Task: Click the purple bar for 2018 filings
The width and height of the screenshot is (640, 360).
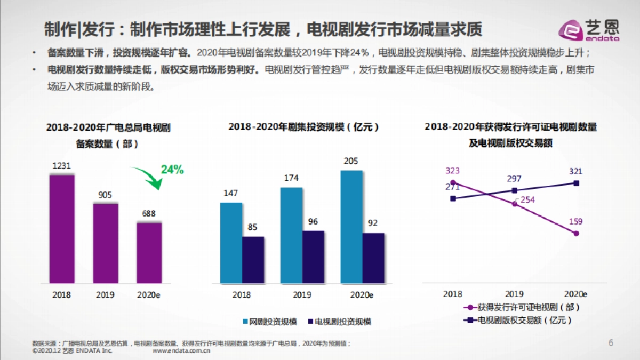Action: pos(62,228)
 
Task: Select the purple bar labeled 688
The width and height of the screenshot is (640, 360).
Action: pos(149,252)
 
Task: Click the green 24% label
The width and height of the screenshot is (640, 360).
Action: pos(172,170)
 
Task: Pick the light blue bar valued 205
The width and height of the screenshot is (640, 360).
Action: pos(351,227)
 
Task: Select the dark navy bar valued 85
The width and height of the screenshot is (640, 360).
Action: pos(253,260)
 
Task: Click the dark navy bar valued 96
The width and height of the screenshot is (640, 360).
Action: pos(313,257)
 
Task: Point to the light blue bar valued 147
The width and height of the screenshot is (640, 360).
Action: pos(231,243)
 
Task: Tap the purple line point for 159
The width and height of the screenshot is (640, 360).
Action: pos(576,233)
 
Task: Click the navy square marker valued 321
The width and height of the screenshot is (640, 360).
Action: pos(576,183)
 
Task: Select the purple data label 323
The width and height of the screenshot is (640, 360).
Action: pos(452,171)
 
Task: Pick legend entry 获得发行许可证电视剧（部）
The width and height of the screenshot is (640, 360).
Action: pos(522,307)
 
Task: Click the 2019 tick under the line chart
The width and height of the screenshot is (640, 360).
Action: pos(514,294)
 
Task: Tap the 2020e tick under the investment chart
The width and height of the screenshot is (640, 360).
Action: pos(362,294)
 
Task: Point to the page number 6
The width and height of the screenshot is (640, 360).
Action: pos(611,342)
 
